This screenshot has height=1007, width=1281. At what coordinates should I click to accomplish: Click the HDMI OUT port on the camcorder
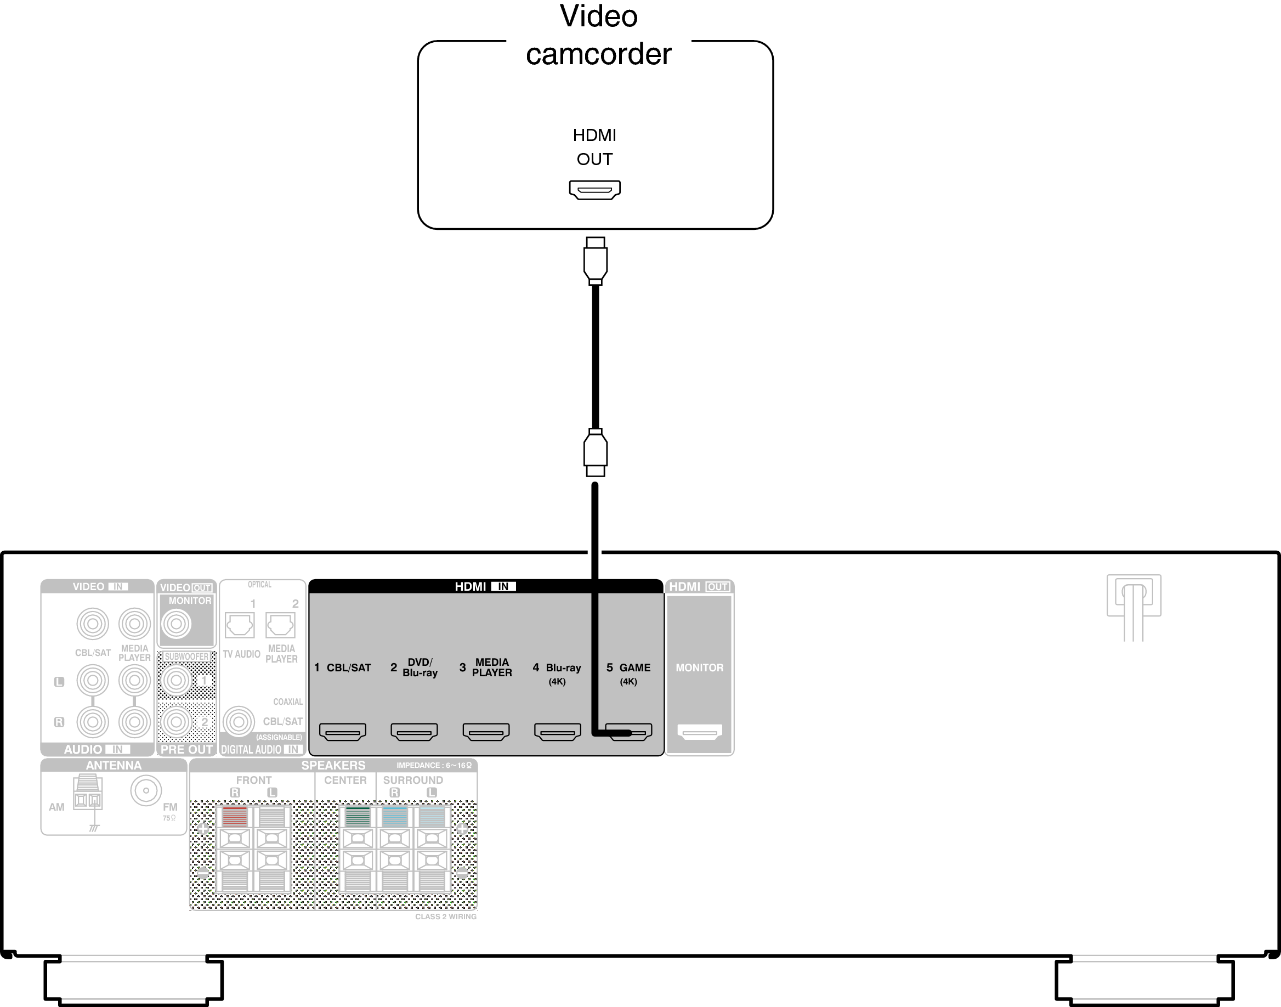click(594, 190)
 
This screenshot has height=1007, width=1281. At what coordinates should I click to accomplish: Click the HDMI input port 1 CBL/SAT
click(343, 732)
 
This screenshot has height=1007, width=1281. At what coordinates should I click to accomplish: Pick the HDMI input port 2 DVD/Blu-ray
click(414, 732)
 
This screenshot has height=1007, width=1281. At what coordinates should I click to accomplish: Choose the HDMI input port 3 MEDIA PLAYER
click(486, 732)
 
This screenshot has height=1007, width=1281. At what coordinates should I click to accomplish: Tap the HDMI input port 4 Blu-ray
click(557, 732)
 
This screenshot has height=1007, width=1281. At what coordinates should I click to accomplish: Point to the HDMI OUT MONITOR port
click(700, 732)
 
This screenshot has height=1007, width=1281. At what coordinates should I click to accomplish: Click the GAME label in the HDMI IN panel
click(635, 667)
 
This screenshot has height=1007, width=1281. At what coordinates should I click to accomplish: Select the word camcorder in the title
click(598, 54)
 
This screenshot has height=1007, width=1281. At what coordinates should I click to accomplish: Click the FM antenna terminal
click(146, 790)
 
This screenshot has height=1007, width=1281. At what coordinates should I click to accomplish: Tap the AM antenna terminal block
click(87, 793)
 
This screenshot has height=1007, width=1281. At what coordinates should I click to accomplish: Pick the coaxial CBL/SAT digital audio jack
click(239, 721)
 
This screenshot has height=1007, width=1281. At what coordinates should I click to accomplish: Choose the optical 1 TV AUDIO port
click(239, 625)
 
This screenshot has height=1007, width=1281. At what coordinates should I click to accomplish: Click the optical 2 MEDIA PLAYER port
click(281, 625)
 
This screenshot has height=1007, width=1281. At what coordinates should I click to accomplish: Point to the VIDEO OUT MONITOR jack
click(176, 624)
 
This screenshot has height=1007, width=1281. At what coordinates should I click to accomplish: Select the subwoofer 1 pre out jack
click(175, 680)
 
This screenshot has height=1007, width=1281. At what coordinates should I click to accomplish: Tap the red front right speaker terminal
click(235, 817)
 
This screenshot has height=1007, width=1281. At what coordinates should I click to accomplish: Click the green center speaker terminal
click(357, 817)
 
